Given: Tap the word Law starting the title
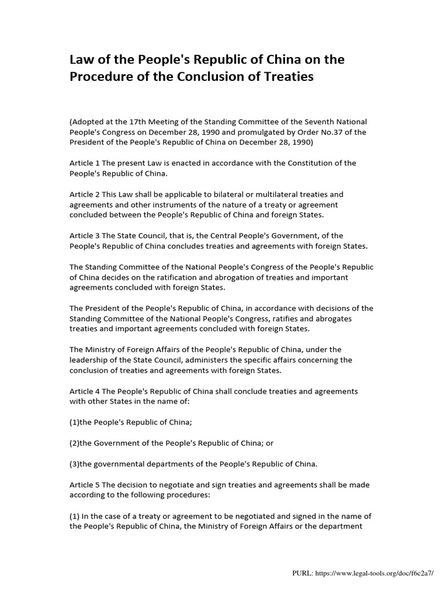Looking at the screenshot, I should (82, 60).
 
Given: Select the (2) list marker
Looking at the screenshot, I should (75, 443).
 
